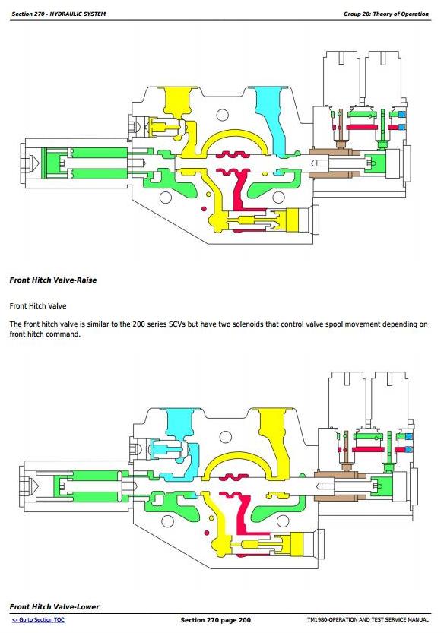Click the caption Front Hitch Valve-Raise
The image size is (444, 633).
pyautogui.click(x=53, y=280)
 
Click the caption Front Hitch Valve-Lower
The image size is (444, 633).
pyautogui.click(x=54, y=606)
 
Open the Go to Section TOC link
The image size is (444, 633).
pyautogui.click(x=38, y=619)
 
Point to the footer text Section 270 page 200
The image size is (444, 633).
pyautogui.click(x=216, y=620)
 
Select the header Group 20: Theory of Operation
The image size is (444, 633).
pyautogui.click(x=385, y=14)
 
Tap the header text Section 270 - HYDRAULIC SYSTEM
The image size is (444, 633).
pyautogui.click(x=59, y=14)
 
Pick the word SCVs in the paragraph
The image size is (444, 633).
pyautogui.click(x=176, y=324)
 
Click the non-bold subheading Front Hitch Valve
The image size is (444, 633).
pyautogui.click(x=38, y=306)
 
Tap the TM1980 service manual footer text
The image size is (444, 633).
pyautogui.click(x=368, y=619)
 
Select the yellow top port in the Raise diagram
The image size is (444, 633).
pyautogui.click(x=178, y=101)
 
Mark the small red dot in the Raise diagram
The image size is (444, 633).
pyautogui.click(x=204, y=209)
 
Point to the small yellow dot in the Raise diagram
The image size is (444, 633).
pyautogui.click(x=208, y=195)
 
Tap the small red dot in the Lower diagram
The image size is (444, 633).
pyautogui.click(x=207, y=533)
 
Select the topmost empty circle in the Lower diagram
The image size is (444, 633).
pyautogui.click(x=226, y=437)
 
